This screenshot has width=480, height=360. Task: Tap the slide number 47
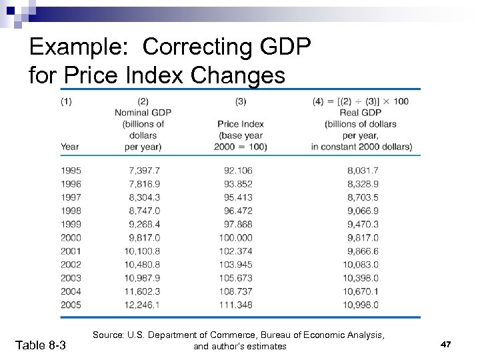pos(446,344)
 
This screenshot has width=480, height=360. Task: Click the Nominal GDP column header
pos(143,112)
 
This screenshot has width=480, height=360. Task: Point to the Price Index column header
pos(241,124)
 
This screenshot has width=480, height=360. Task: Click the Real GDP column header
pos(360,112)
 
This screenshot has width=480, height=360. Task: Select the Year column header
pos(69,147)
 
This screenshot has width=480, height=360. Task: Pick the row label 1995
pos(71,171)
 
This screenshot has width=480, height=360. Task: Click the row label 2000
pos(71,237)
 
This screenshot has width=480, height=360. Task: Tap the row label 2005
pos(71,305)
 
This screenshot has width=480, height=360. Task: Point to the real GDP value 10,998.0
pos(360,305)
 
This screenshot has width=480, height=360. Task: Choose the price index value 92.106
pos(238,171)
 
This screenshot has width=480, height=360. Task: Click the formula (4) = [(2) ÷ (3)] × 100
pos(361,101)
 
